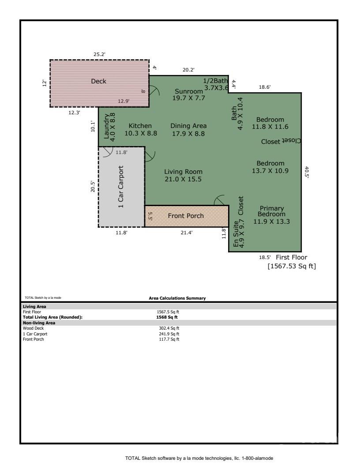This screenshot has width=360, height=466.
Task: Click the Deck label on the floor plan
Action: (x=98, y=81)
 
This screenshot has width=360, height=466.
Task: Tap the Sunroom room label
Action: (x=189, y=91)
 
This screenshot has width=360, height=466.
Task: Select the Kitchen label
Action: (x=140, y=126)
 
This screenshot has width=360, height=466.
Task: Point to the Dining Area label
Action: (x=188, y=126)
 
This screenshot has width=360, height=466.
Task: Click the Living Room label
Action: (x=183, y=172)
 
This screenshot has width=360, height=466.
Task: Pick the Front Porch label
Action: (x=186, y=216)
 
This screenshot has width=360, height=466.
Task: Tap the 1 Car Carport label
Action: (x=120, y=187)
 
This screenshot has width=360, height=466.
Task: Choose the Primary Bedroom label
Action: (x=271, y=211)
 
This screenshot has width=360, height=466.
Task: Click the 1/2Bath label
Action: (x=215, y=81)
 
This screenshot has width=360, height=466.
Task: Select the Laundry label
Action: (x=106, y=126)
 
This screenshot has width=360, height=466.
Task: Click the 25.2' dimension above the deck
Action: (x=100, y=54)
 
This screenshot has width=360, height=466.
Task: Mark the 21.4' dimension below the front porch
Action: (x=187, y=233)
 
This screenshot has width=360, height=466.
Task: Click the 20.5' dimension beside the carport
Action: (x=93, y=187)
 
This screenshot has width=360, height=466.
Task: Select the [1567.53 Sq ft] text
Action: (x=292, y=266)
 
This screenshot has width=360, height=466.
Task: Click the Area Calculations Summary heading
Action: (x=177, y=298)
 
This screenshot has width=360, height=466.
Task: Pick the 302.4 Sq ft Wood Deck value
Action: (x=169, y=328)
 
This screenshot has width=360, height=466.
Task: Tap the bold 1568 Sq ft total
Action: (x=167, y=317)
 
